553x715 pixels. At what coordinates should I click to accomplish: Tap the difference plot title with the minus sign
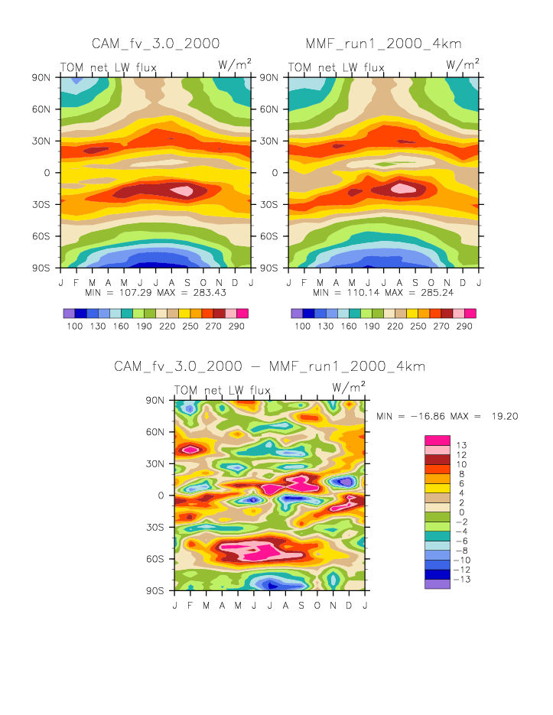pyautogui.click(x=269, y=366)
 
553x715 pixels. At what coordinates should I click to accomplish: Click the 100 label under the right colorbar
pyautogui.click(x=302, y=326)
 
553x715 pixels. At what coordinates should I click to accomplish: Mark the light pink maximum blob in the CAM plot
pyautogui.click(x=182, y=190)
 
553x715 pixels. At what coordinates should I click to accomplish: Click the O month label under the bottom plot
pyautogui.click(x=317, y=606)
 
